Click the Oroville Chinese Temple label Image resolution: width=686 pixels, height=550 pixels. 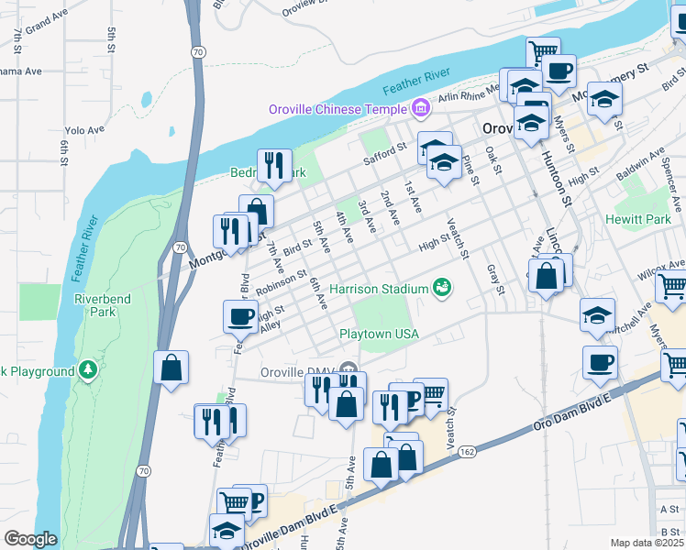tap(337, 110)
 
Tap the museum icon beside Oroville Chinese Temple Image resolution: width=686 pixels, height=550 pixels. tap(421, 110)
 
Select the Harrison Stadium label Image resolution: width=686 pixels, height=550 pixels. tap(385, 289)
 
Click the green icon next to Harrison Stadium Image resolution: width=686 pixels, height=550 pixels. tap(443, 289)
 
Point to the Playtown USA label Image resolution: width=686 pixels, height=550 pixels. tap(380, 335)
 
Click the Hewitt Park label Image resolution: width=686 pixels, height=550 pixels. tap(638, 220)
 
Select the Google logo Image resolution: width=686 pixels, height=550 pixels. tap(29, 539)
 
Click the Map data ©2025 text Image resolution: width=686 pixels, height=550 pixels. tap(647, 543)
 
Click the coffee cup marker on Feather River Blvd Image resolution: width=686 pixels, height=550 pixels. tap(240, 317)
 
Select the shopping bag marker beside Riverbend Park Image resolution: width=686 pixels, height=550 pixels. tap(171, 368)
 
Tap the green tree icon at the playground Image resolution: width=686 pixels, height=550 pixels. tap(88, 370)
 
